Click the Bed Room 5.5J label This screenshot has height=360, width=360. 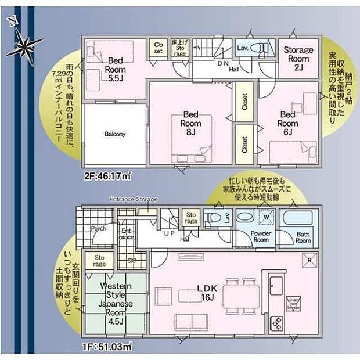pos(114,69)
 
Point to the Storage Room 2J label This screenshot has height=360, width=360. pos(297,58)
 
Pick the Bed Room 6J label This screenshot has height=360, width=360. pos(288,123)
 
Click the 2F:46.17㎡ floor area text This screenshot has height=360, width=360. pos(107,174)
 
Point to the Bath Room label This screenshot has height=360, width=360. pos(303,237)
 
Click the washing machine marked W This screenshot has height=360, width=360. pos(266,217)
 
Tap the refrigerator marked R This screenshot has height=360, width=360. pos(310,260)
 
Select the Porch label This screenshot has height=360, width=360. pos(98,228)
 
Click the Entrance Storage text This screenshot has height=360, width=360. pos(134,199)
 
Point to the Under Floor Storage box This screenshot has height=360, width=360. pos(294,303)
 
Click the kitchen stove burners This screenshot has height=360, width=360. pos(277,322)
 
